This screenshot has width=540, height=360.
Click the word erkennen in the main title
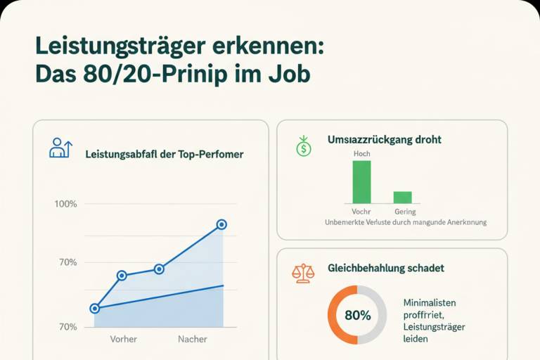269,46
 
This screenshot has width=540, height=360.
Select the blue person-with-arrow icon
60,148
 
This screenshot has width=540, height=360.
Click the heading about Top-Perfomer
165,154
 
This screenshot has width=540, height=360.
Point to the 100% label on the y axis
66,204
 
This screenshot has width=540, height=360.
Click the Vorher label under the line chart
123,339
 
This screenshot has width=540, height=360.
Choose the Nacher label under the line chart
193,339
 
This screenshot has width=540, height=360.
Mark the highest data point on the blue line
221,224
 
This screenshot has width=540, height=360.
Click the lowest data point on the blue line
95,309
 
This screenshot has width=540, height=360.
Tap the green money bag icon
304,146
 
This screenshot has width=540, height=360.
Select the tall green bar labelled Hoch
361,182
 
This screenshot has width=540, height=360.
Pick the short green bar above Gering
403,198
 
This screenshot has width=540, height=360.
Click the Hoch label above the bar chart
362,154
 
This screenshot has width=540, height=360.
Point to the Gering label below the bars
405,212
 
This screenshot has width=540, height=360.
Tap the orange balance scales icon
303,274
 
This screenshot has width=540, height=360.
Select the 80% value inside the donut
358,315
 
